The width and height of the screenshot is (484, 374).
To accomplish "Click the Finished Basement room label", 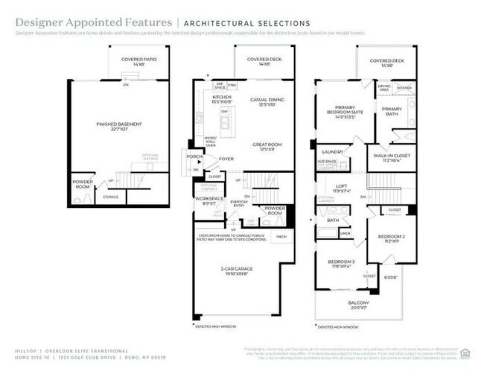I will pyautogui.click(x=118, y=125).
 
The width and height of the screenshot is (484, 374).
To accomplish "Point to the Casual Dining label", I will pyautogui.click(x=263, y=101).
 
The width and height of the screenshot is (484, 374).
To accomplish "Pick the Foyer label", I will pyautogui.click(x=226, y=159).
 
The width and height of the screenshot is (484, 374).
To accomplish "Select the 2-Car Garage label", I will pyautogui.click(x=238, y=270).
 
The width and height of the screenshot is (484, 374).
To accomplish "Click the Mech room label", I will pyautogui.click(x=281, y=236).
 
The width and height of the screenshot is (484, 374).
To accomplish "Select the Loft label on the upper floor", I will pyautogui.click(x=341, y=188).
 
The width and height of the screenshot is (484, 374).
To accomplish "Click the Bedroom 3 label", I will pyautogui.click(x=343, y=263).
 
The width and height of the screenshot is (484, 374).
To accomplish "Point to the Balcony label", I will pyautogui.click(x=357, y=304).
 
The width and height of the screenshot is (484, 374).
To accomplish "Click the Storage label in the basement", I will pyautogui.click(x=110, y=197).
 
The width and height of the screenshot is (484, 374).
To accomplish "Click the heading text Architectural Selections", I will pyautogui.click(x=246, y=24).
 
